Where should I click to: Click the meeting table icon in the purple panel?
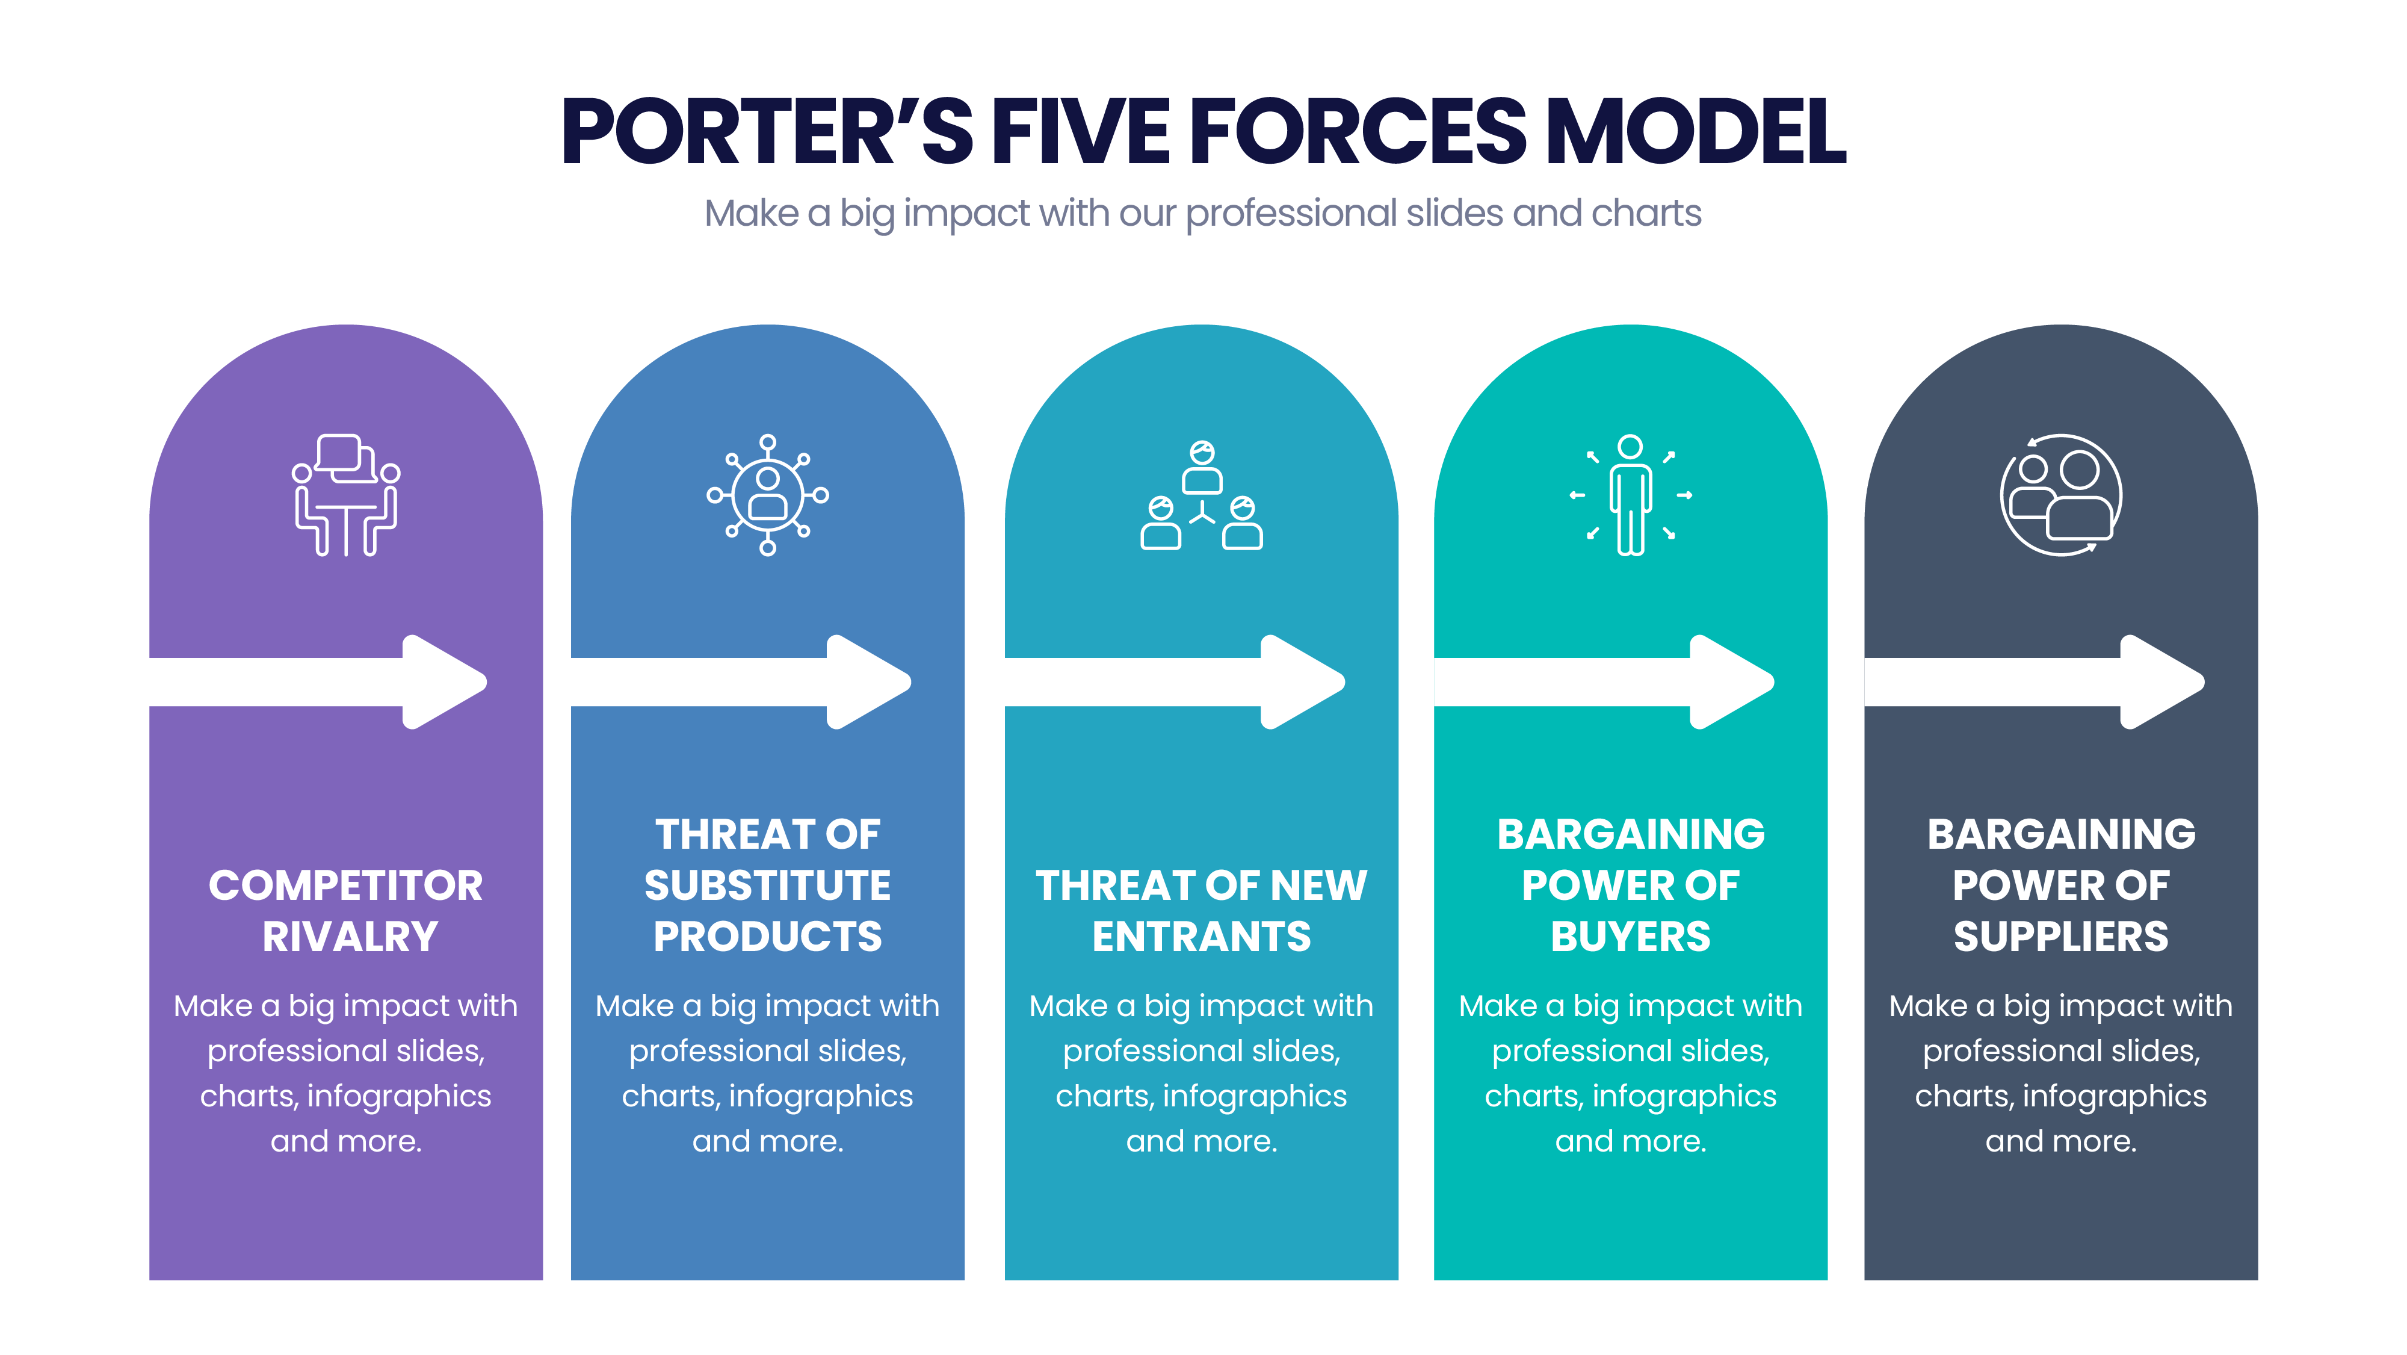(346, 495)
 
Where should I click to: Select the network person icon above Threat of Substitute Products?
(767, 495)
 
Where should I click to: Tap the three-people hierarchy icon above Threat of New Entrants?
(1202, 495)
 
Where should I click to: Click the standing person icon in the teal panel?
(1631, 495)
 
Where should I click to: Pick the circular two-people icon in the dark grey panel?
(2061, 495)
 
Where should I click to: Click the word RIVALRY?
(350, 937)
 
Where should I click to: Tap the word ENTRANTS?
(1202, 937)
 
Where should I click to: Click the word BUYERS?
(1631, 937)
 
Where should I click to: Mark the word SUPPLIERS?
(2061, 937)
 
